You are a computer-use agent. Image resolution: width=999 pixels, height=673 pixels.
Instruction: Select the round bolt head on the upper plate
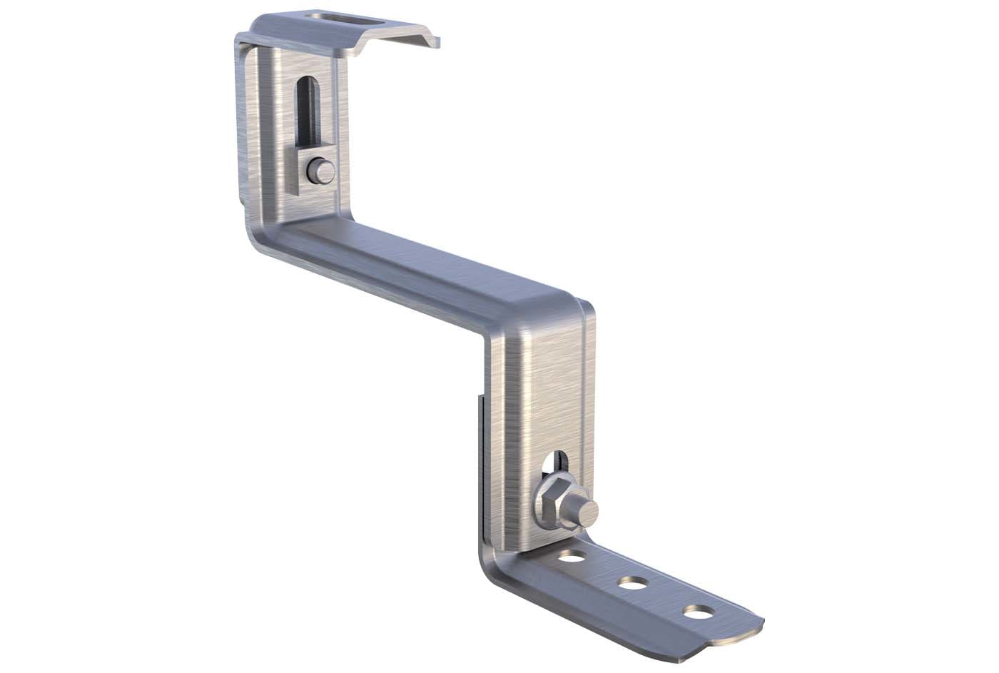[x=315, y=171]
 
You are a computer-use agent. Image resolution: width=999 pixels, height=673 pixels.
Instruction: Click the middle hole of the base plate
[x=632, y=583]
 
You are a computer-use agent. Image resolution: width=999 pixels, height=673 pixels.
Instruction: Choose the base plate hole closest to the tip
[x=696, y=612]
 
